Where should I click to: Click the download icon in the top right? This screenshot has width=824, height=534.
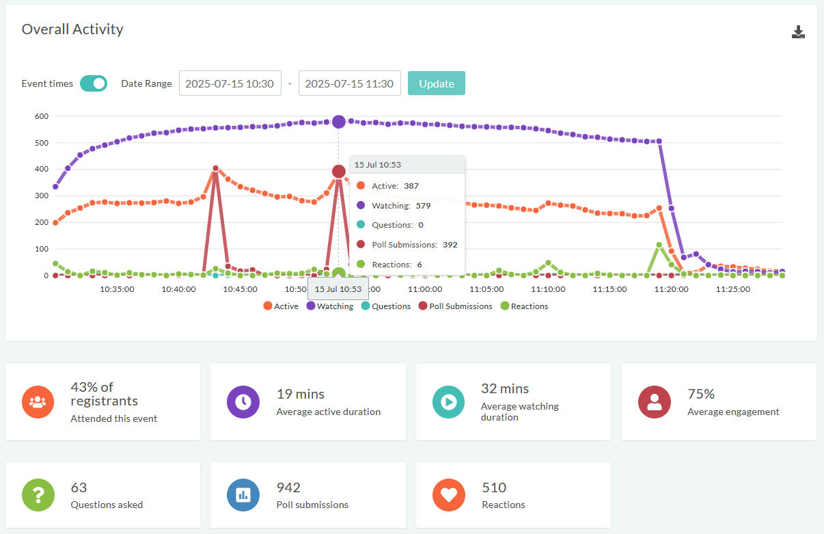[x=798, y=32]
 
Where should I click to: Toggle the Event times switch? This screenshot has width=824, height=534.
[x=94, y=83]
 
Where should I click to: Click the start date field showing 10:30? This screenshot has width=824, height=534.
[x=230, y=83]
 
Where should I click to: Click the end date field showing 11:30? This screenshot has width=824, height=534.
[x=349, y=83]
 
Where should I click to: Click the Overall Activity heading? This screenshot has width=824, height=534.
[x=72, y=29]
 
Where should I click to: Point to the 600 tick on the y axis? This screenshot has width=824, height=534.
[x=41, y=116]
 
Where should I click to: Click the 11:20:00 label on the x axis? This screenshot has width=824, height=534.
[x=671, y=289]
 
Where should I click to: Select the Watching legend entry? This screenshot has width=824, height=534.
[x=329, y=306]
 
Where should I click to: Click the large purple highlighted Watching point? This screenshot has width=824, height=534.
[x=338, y=122]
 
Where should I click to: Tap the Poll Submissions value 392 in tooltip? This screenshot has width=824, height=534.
[x=449, y=245]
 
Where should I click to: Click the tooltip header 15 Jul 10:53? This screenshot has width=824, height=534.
[x=377, y=165]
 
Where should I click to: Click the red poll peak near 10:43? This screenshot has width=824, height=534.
[x=215, y=168]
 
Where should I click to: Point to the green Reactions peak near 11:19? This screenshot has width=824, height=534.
[x=659, y=245]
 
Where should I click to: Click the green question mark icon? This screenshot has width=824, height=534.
[x=38, y=495]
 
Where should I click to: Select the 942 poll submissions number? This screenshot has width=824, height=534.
[x=288, y=488]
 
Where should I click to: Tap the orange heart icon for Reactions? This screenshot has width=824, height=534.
[x=449, y=495]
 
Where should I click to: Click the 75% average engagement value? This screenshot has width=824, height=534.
[x=701, y=395]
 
